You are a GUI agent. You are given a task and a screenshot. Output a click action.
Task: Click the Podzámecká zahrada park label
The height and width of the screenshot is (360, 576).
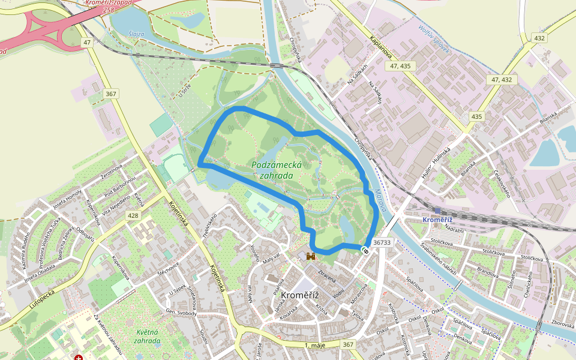(272, 170)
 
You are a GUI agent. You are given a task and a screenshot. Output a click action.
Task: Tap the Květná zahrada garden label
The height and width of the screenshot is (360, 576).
(139, 336)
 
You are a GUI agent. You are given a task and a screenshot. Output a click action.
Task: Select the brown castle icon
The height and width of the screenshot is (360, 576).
(311, 257)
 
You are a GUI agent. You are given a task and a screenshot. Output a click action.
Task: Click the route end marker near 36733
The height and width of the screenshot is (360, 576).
(365, 250)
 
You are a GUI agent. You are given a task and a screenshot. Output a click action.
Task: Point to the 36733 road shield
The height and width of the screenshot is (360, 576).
(382, 243)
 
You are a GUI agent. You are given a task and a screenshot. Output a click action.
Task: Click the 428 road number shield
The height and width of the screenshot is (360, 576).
(133, 215)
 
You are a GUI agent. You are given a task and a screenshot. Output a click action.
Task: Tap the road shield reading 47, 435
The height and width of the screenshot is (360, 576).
(400, 66)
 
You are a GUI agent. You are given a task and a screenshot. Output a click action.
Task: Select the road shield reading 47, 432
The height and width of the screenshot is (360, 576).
(502, 79)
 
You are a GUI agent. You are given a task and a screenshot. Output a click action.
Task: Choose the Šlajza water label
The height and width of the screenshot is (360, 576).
(136, 34)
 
